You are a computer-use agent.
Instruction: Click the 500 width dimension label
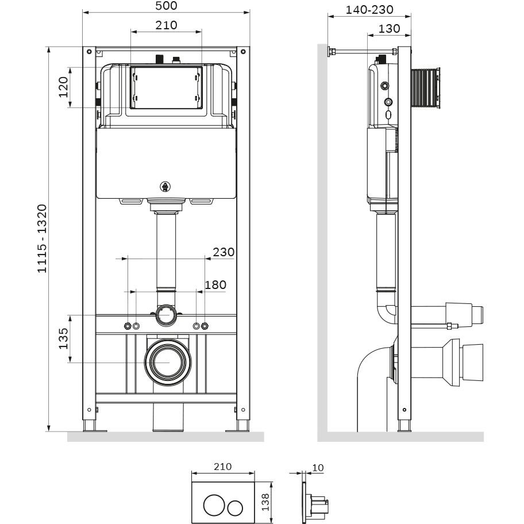(166, 6)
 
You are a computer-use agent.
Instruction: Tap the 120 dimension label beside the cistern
(63, 87)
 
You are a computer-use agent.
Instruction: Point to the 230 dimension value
(224, 252)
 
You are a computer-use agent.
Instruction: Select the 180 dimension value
(215, 284)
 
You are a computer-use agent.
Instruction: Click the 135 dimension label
(63, 338)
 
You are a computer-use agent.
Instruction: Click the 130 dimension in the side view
(390, 28)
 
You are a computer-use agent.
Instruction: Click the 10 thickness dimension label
(318, 468)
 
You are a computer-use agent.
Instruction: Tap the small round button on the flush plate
(235, 508)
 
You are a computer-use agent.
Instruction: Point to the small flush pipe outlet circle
(167, 314)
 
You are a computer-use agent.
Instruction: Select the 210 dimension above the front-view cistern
(166, 25)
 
